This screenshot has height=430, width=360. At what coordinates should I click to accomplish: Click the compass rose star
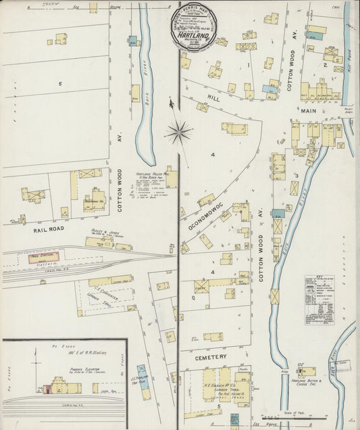pos(178,131)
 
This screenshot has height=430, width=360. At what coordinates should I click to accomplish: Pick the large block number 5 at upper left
pos(60,84)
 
